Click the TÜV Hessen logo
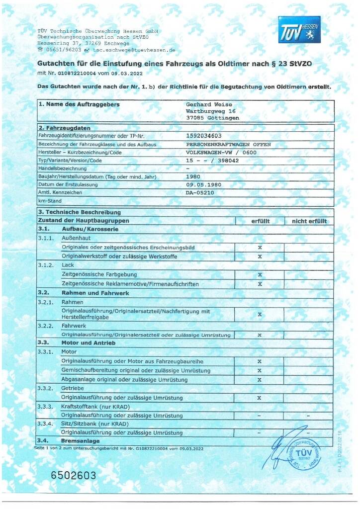tap(299, 29)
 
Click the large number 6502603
tap(74, 475)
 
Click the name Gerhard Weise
tap(209, 104)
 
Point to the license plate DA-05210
tap(200, 192)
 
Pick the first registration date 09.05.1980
tap(204, 184)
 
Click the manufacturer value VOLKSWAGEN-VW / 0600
tap(221, 152)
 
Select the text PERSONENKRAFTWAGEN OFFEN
tap(228, 144)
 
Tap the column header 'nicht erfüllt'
tap(309, 221)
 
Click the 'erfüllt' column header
tap(260, 221)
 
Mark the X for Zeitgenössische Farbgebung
tap(260, 274)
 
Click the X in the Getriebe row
tap(260, 398)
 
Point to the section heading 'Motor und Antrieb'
tap(88, 343)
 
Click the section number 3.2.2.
tap(46, 326)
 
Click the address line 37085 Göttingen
tap(212, 118)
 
